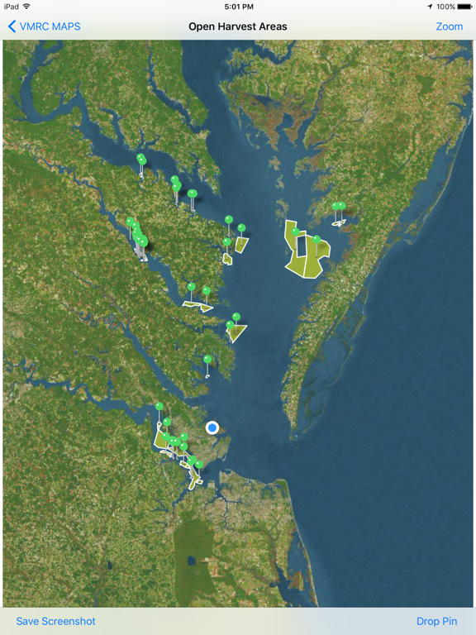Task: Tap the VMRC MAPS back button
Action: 45,26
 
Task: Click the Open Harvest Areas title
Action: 238,26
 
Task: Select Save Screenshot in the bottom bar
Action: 56,621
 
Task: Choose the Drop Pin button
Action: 436,621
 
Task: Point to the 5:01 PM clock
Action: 238,7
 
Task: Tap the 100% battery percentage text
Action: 445,7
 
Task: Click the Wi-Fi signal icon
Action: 26,7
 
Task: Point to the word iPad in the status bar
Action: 11,7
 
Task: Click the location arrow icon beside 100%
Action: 430,7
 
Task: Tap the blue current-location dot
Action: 212,427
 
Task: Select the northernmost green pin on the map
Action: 140,158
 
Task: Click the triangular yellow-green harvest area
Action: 238,332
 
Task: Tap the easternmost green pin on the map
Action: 340,206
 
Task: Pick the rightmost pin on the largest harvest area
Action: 317,239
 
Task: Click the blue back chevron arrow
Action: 12,26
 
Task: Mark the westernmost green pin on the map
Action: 130,222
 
